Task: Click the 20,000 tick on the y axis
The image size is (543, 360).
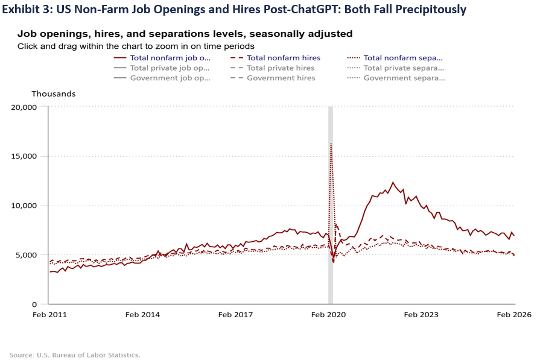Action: pyautogui.click(x=25, y=107)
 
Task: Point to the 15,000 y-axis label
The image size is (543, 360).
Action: pyautogui.click(x=25, y=156)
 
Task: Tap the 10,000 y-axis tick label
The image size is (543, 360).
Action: pyautogui.click(x=25, y=206)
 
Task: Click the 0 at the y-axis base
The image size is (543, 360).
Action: pyautogui.click(x=35, y=305)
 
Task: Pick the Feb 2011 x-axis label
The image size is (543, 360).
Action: pyautogui.click(x=50, y=315)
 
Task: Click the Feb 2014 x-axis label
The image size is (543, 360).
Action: pyautogui.click(x=142, y=315)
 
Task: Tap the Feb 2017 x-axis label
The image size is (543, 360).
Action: pyautogui.click(x=235, y=315)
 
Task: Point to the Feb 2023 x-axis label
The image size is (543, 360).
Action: pyautogui.click(x=421, y=315)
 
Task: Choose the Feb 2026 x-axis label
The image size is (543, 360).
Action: pyautogui.click(x=514, y=315)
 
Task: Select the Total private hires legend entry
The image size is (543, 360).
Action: pyautogui.click(x=281, y=68)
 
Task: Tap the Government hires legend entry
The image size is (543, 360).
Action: pyautogui.click(x=281, y=78)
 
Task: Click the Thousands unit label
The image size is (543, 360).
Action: pyautogui.click(x=54, y=94)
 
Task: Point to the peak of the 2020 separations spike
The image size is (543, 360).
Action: pyautogui.click(x=331, y=144)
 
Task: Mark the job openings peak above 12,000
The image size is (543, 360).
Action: pyautogui.click(x=393, y=182)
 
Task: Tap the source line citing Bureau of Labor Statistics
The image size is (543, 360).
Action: pyautogui.click(x=75, y=355)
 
